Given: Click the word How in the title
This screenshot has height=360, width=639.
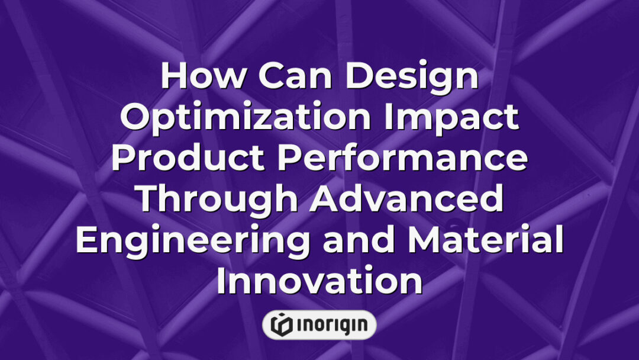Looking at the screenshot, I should click(195, 77).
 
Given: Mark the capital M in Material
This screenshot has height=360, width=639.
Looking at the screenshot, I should click(424, 242).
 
